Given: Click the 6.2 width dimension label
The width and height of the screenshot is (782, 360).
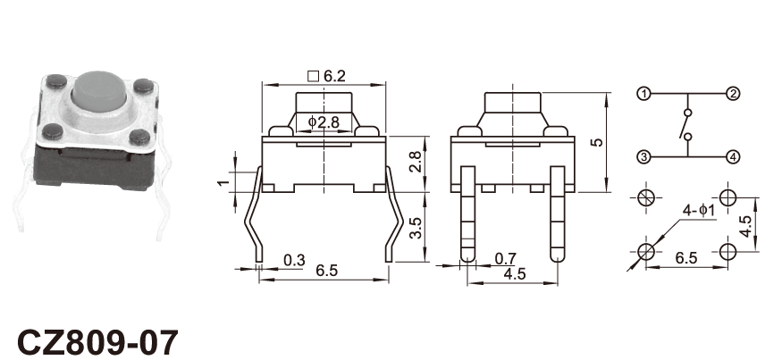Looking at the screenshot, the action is click(x=334, y=76).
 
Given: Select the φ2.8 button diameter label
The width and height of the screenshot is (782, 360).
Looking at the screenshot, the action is click(x=324, y=121).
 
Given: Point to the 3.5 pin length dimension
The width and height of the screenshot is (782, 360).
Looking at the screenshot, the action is click(x=416, y=228).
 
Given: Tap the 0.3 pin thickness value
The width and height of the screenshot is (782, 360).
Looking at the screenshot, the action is click(x=294, y=260).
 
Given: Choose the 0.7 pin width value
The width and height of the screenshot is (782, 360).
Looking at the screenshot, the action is click(x=506, y=259).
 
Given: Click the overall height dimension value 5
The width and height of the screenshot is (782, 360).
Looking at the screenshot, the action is click(x=596, y=142).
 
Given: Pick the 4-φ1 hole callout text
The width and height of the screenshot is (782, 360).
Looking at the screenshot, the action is click(x=699, y=211).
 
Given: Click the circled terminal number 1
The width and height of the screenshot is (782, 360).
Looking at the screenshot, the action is click(x=643, y=94).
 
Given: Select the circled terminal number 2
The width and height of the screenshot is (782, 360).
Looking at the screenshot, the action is click(x=732, y=94).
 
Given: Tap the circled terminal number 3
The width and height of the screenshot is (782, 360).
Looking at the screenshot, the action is click(x=643, y=157).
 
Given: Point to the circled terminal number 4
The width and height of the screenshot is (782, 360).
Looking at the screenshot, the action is click(x=732, y=157).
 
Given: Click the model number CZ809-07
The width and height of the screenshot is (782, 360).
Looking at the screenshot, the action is click(x=97, y=342).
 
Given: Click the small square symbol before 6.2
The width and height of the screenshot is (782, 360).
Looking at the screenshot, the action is click(x=314, y=76).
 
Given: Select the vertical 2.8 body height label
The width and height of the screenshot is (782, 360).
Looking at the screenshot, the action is click(x=416, y=162).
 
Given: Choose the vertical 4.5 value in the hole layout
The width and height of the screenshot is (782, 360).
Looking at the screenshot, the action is click(x=746, y=227).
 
